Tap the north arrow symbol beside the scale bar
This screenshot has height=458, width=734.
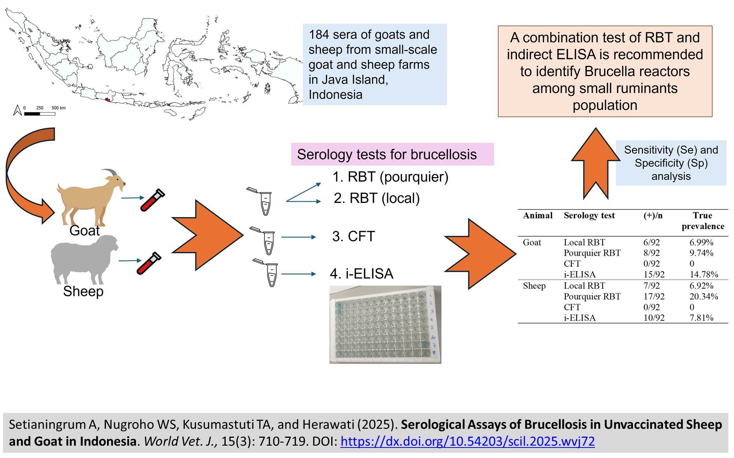pyautogui.click(x=17, y=110)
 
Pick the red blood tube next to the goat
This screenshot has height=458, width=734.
pyautogui.click(x=153, y=200)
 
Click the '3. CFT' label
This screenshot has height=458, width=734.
pyautogui.click(x=353, y=236)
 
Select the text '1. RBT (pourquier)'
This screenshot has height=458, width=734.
pyautogui.click(x=390, y=177)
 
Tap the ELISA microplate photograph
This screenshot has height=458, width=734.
pyautogui.click(x=385, y=324)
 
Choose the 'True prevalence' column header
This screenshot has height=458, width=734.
pyautogui.click(x=702, y=221)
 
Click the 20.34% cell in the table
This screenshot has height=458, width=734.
pyautogui.click(x=703, y=296)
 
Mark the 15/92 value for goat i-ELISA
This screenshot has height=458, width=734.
pyautogui.click(x=654, y=275)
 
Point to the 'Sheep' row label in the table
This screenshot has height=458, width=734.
pyautogui.click(x=534, y=286)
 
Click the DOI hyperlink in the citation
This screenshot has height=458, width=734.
pyautogui.click(x=467, y=441)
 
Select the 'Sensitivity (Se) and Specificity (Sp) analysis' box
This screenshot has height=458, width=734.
pyautogui.click(x=671, y=163)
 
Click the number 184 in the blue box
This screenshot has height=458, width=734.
pyautogui.click(x=319, y=35)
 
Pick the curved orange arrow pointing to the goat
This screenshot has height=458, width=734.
pyautogui.click(x=26, y=176)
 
